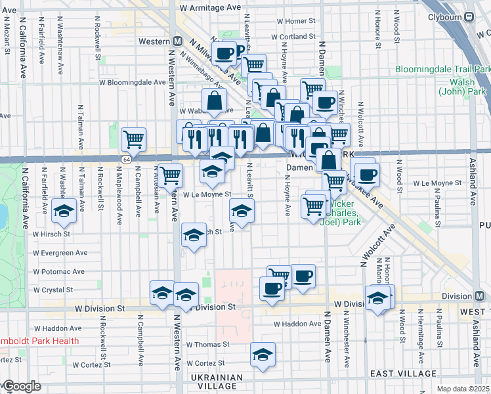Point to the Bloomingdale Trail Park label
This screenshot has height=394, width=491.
[x=442, y=69]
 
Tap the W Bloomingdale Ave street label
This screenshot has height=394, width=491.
[x=133, y=83]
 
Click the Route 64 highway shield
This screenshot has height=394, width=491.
[x=125, y=160]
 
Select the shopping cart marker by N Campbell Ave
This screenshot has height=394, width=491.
[x=133, y=139]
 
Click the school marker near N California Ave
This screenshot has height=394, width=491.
[x=64, y=211]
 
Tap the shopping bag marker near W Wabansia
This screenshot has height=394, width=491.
[x=215, y=100]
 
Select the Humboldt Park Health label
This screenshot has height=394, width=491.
[x=39, y=341]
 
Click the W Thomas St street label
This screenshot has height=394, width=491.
[x=207, y=344]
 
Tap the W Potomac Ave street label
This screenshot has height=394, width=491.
[x=59, y=271]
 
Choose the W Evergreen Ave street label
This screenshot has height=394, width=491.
[x=60, y=253]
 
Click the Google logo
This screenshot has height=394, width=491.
[x=21, y=387]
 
